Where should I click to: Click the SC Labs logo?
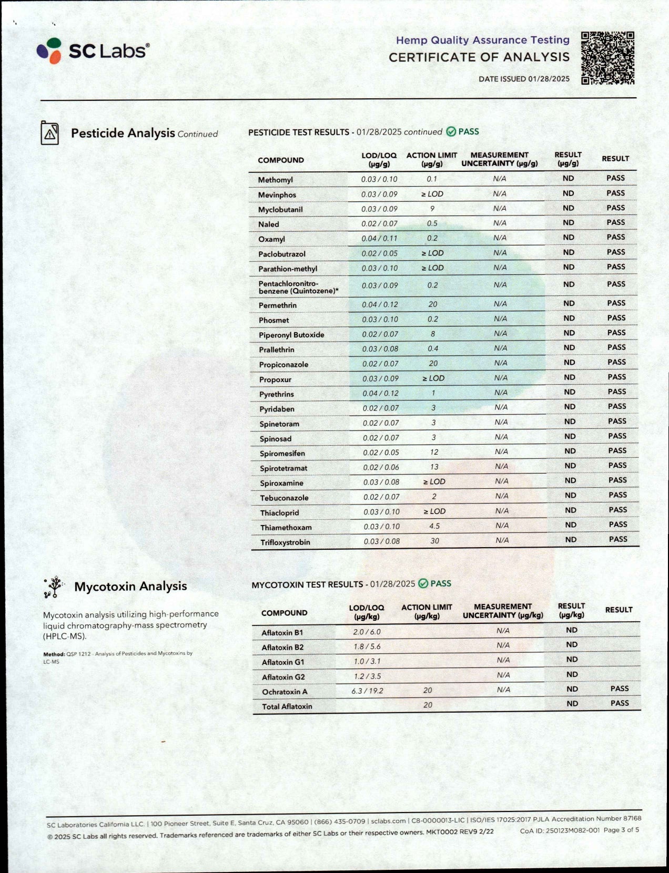93,51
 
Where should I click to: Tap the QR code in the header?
607,58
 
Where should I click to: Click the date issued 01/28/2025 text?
524,79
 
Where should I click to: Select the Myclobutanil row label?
280,210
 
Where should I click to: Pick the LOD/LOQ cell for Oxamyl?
379,239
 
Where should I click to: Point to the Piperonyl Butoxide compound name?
291,335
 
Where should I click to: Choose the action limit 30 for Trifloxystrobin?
434,541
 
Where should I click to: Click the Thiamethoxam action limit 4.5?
434,526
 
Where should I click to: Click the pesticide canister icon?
50,133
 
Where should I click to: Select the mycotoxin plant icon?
53,587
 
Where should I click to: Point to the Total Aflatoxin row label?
287,706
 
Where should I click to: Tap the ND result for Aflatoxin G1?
572,660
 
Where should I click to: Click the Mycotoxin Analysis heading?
130,587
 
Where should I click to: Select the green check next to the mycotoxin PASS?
423,584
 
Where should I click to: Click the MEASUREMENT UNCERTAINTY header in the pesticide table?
499,159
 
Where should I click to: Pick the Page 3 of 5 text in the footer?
621,830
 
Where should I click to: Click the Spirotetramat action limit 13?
434,467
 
